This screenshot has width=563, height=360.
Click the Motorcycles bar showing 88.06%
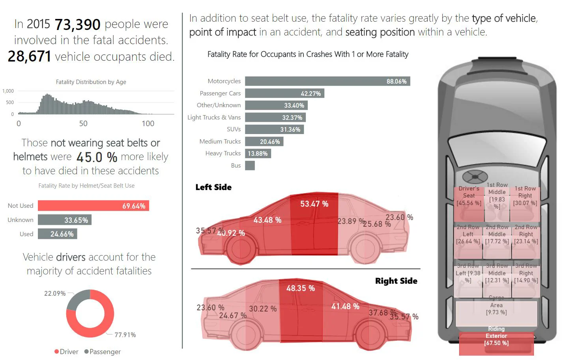(x=327, y=81)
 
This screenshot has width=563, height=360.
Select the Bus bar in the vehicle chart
(x=250, y=166)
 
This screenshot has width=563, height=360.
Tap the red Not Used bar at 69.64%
(x=94, y=206)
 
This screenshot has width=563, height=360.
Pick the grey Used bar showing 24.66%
(x=58, y=234)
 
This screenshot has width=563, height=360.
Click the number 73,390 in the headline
(x=77, y=24)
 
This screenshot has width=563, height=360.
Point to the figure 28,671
(x=29, y=56)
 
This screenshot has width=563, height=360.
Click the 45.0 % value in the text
(x=97, y=157)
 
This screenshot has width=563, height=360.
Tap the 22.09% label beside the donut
(x=55, y=293)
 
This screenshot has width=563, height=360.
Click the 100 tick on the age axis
(x=148, y=123)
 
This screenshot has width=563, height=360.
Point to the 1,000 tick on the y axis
(x=8, y=91)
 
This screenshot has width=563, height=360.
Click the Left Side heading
(x=213, y=187)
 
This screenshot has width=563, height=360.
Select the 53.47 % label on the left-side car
(x=314, y=204)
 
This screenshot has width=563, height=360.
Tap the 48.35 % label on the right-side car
(x=300, y=288)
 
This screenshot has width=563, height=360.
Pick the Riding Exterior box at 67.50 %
(x=496, y=339)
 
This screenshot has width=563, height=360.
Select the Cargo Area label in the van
(x=496, y=305)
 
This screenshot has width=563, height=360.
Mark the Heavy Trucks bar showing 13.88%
(x=258, y=153)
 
